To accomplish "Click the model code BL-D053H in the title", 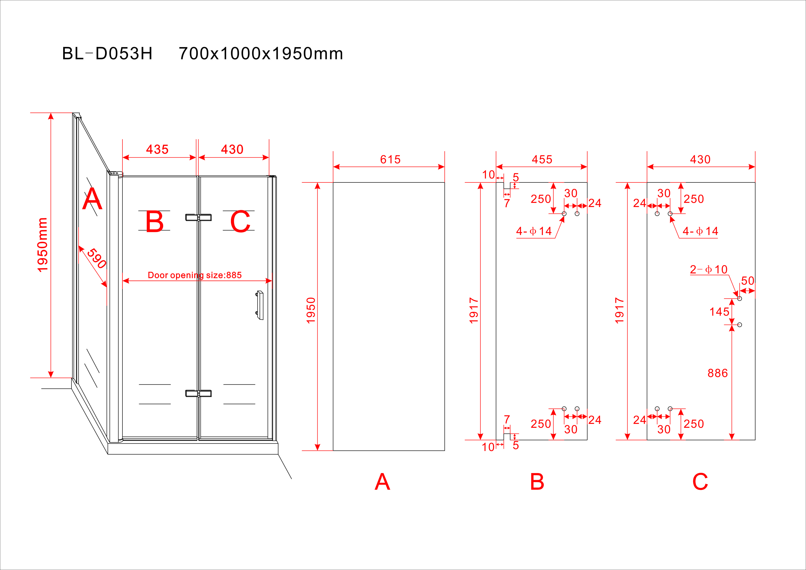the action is pyautogui.click(x=107, y=54).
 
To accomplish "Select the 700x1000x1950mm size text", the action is pyautogui.click(x=261, y=54).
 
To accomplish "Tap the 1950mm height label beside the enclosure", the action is pyautogui.click(x=43, y=245).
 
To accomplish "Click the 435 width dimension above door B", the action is pyautogui.click(x=157, y=150).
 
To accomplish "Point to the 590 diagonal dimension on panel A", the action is pyautogui.click(x=96, y=258).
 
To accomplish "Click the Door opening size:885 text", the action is pyautogui.click(x=195, y=275).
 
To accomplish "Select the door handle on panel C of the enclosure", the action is pyautogui.click(x=260, y=305).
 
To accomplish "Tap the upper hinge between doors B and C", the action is pyautogui.click(x=198, y=218).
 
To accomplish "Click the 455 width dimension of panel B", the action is pyautogui.click(x=542, y=160).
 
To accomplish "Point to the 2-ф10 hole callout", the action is pyautogui.click(x=708, y=269).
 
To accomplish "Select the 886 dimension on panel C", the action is pyautogui.click(x=718, y=373).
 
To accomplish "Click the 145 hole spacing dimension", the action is pyautogui.click(x=719, y=312).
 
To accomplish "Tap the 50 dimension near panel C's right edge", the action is pyautogui.click(x=748, y=281).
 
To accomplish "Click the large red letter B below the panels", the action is pyautogui.click(x=537, y=482).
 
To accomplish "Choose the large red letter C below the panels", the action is pyautogui.click(x=700, y=482).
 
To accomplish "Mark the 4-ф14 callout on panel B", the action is pyautogui.click(x=534, y=231).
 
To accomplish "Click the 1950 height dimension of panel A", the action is pyautogui.click(x=311, y=311).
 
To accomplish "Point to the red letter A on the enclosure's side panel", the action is pyautogui.click(x=92, y=199).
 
